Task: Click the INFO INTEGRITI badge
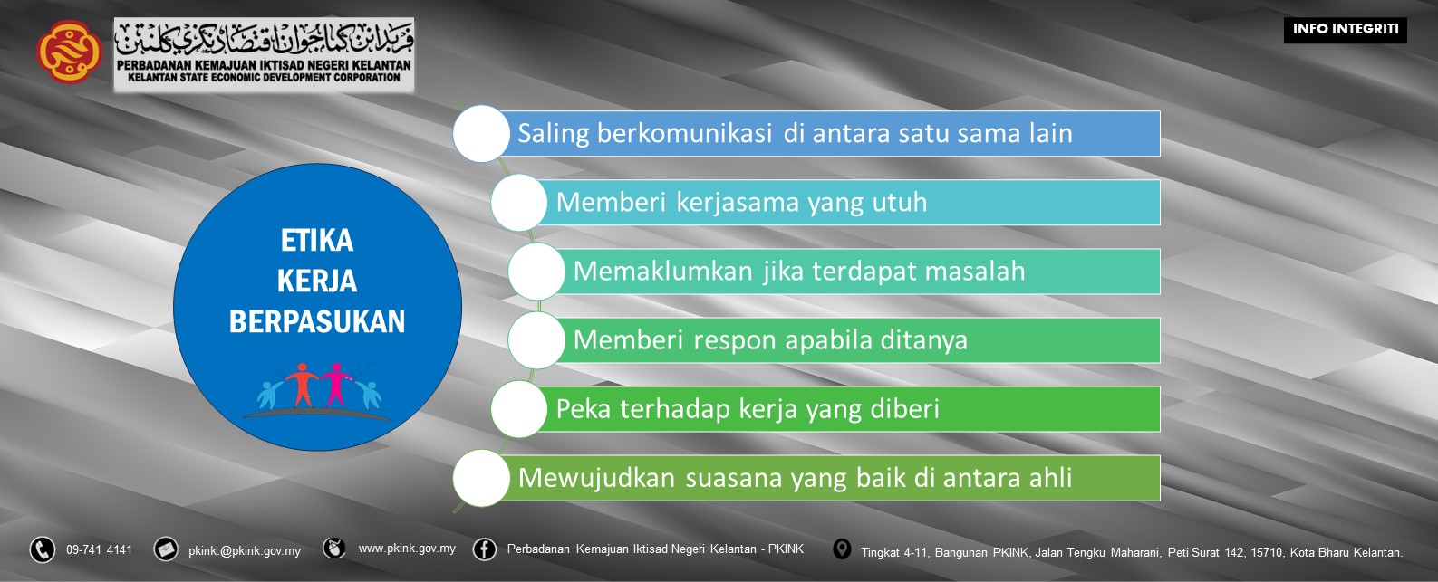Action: (x=1345, y=30)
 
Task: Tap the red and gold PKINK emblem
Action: (x=68, y=52)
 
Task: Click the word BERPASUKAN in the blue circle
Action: (x=317, y=321)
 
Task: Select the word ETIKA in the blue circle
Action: (x=317, y=241)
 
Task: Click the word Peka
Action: (x=584, y=408)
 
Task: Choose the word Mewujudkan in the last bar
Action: (x=597, y=477)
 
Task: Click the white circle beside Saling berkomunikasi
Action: (x=481, y=133)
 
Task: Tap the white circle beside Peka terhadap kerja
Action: (x=519, y=408)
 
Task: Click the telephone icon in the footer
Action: (x=43, y=549)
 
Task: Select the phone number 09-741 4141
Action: (x=99, y=549)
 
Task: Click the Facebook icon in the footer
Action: (x=485, y=549)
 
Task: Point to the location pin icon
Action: (x=842, y=549)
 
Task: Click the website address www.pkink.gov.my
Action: (x=407, y=549)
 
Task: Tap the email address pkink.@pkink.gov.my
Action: (x=245, y=550)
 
